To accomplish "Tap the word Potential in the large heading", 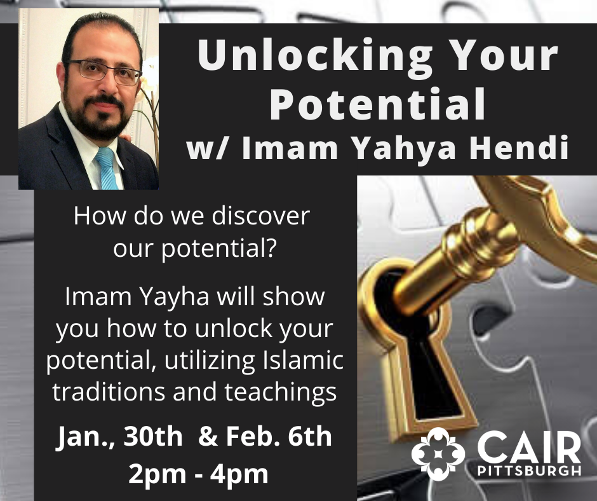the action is (x=378, y=104).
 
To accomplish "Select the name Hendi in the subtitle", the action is (x=518, y=148).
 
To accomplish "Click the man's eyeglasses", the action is (x=103, y=72).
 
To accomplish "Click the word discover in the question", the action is (x=260, y=216).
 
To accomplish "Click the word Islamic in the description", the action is (x=303, y=360).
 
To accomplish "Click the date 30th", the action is (x=152, y=436).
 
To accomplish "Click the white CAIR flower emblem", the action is (x=438, y=454).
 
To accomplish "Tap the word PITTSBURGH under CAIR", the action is (x=529, y=470).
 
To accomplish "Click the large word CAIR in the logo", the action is (x=529, y=447).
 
